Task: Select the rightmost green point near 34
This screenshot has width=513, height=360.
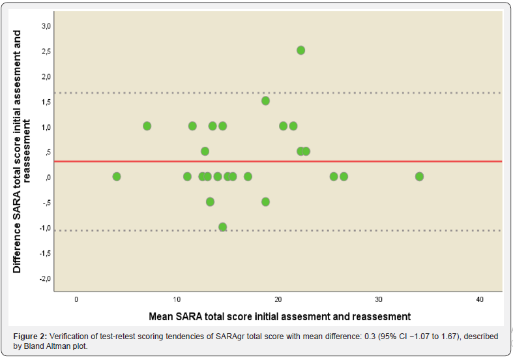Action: pos(419,177)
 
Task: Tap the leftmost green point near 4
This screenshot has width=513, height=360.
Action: pos(117,177)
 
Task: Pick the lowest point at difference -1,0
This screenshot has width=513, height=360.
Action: pos(222,227)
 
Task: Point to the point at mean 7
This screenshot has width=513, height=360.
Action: pos(147,126)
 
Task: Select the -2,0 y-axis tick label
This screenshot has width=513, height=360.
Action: pos(46,278)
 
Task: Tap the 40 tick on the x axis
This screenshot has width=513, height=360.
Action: pos(480,299)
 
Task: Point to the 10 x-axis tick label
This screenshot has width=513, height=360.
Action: pos(177,299)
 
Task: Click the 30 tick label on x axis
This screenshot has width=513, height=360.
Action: pos(379,299)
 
